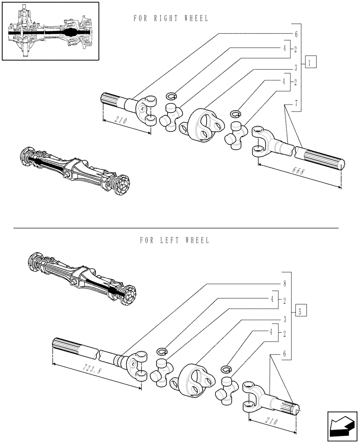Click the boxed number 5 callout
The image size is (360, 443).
pos(300,311)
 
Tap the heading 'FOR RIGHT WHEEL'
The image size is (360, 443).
pos(171,18)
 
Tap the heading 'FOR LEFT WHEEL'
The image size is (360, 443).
pos(174,240)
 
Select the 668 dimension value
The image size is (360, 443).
pos(299,171)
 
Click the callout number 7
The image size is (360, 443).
pos(296,103)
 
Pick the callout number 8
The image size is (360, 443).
pos(284,283)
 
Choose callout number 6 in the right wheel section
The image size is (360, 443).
pos(296,34)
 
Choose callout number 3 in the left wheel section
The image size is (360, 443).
pos(284,319)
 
